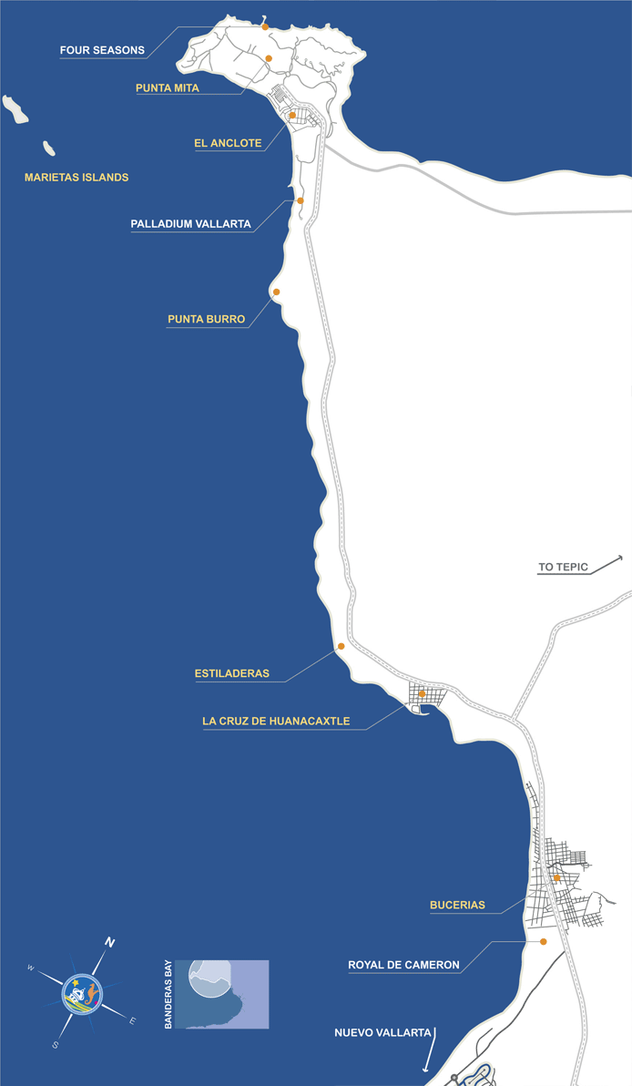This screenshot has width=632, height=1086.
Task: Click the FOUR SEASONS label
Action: click(102, 50)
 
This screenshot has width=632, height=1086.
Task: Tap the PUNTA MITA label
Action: click(167, 88)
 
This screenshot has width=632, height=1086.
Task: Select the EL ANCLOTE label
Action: click(228, 143)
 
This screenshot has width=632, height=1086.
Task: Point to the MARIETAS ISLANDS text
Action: click(76, 178)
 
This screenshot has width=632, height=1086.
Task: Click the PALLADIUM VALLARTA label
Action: click(190, 223)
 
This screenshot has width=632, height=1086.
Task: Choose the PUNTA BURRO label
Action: click(206, 320)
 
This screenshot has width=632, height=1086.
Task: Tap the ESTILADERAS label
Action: click(232, 674)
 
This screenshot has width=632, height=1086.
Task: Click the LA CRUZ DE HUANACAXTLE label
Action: click(276, 722)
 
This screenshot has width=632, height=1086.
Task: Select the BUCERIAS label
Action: click(457, 906)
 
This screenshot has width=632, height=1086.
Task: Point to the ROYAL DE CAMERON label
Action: click(403, 965)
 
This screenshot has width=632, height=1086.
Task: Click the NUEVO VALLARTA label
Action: click(382, 1032)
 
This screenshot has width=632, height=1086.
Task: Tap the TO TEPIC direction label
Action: click(564, 568)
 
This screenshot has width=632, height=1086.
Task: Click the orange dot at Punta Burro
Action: click(276, 292)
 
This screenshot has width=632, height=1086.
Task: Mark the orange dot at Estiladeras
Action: click(341, 646)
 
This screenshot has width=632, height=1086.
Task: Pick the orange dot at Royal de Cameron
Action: click(544, 941)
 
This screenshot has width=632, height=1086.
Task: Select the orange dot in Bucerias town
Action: click(556, 877)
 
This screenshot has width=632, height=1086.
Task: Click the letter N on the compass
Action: click(109, 942)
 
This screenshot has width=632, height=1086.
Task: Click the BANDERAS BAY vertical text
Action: click(168, 994)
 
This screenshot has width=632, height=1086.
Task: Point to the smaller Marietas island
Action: click(49, 148)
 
